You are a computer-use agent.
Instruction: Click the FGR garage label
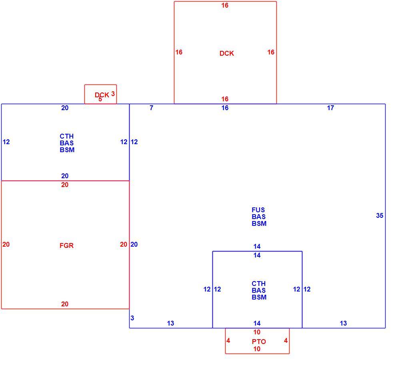point(66,245)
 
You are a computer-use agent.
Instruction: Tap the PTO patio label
point(259,342)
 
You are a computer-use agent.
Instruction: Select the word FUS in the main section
point(258,210)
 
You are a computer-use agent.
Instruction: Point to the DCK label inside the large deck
point(226,53)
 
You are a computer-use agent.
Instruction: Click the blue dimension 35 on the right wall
point(380,215)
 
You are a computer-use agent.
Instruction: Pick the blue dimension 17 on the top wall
point(330,108)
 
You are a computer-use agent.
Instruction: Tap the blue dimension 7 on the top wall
point(151,108)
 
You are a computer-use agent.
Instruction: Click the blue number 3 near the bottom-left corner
point(132,318)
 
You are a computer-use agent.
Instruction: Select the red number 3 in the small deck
point(113,94)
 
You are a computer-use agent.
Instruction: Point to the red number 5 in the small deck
point(100,99)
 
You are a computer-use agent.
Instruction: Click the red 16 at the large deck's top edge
point(225,5)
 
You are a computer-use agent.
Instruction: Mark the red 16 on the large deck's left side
point(179,52)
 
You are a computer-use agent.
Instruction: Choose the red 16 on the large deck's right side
point(271,52)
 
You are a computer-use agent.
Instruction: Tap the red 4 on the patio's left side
point(228,340)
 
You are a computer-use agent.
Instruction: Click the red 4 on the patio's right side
point(286,340)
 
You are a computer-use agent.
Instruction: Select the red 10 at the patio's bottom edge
point(257,349)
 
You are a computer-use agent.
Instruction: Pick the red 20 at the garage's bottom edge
point(65,304)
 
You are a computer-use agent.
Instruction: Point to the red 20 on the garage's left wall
point(6,244)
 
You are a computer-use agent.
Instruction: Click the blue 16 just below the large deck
point(225,108)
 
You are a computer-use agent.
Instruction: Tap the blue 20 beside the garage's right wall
point(134,244)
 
